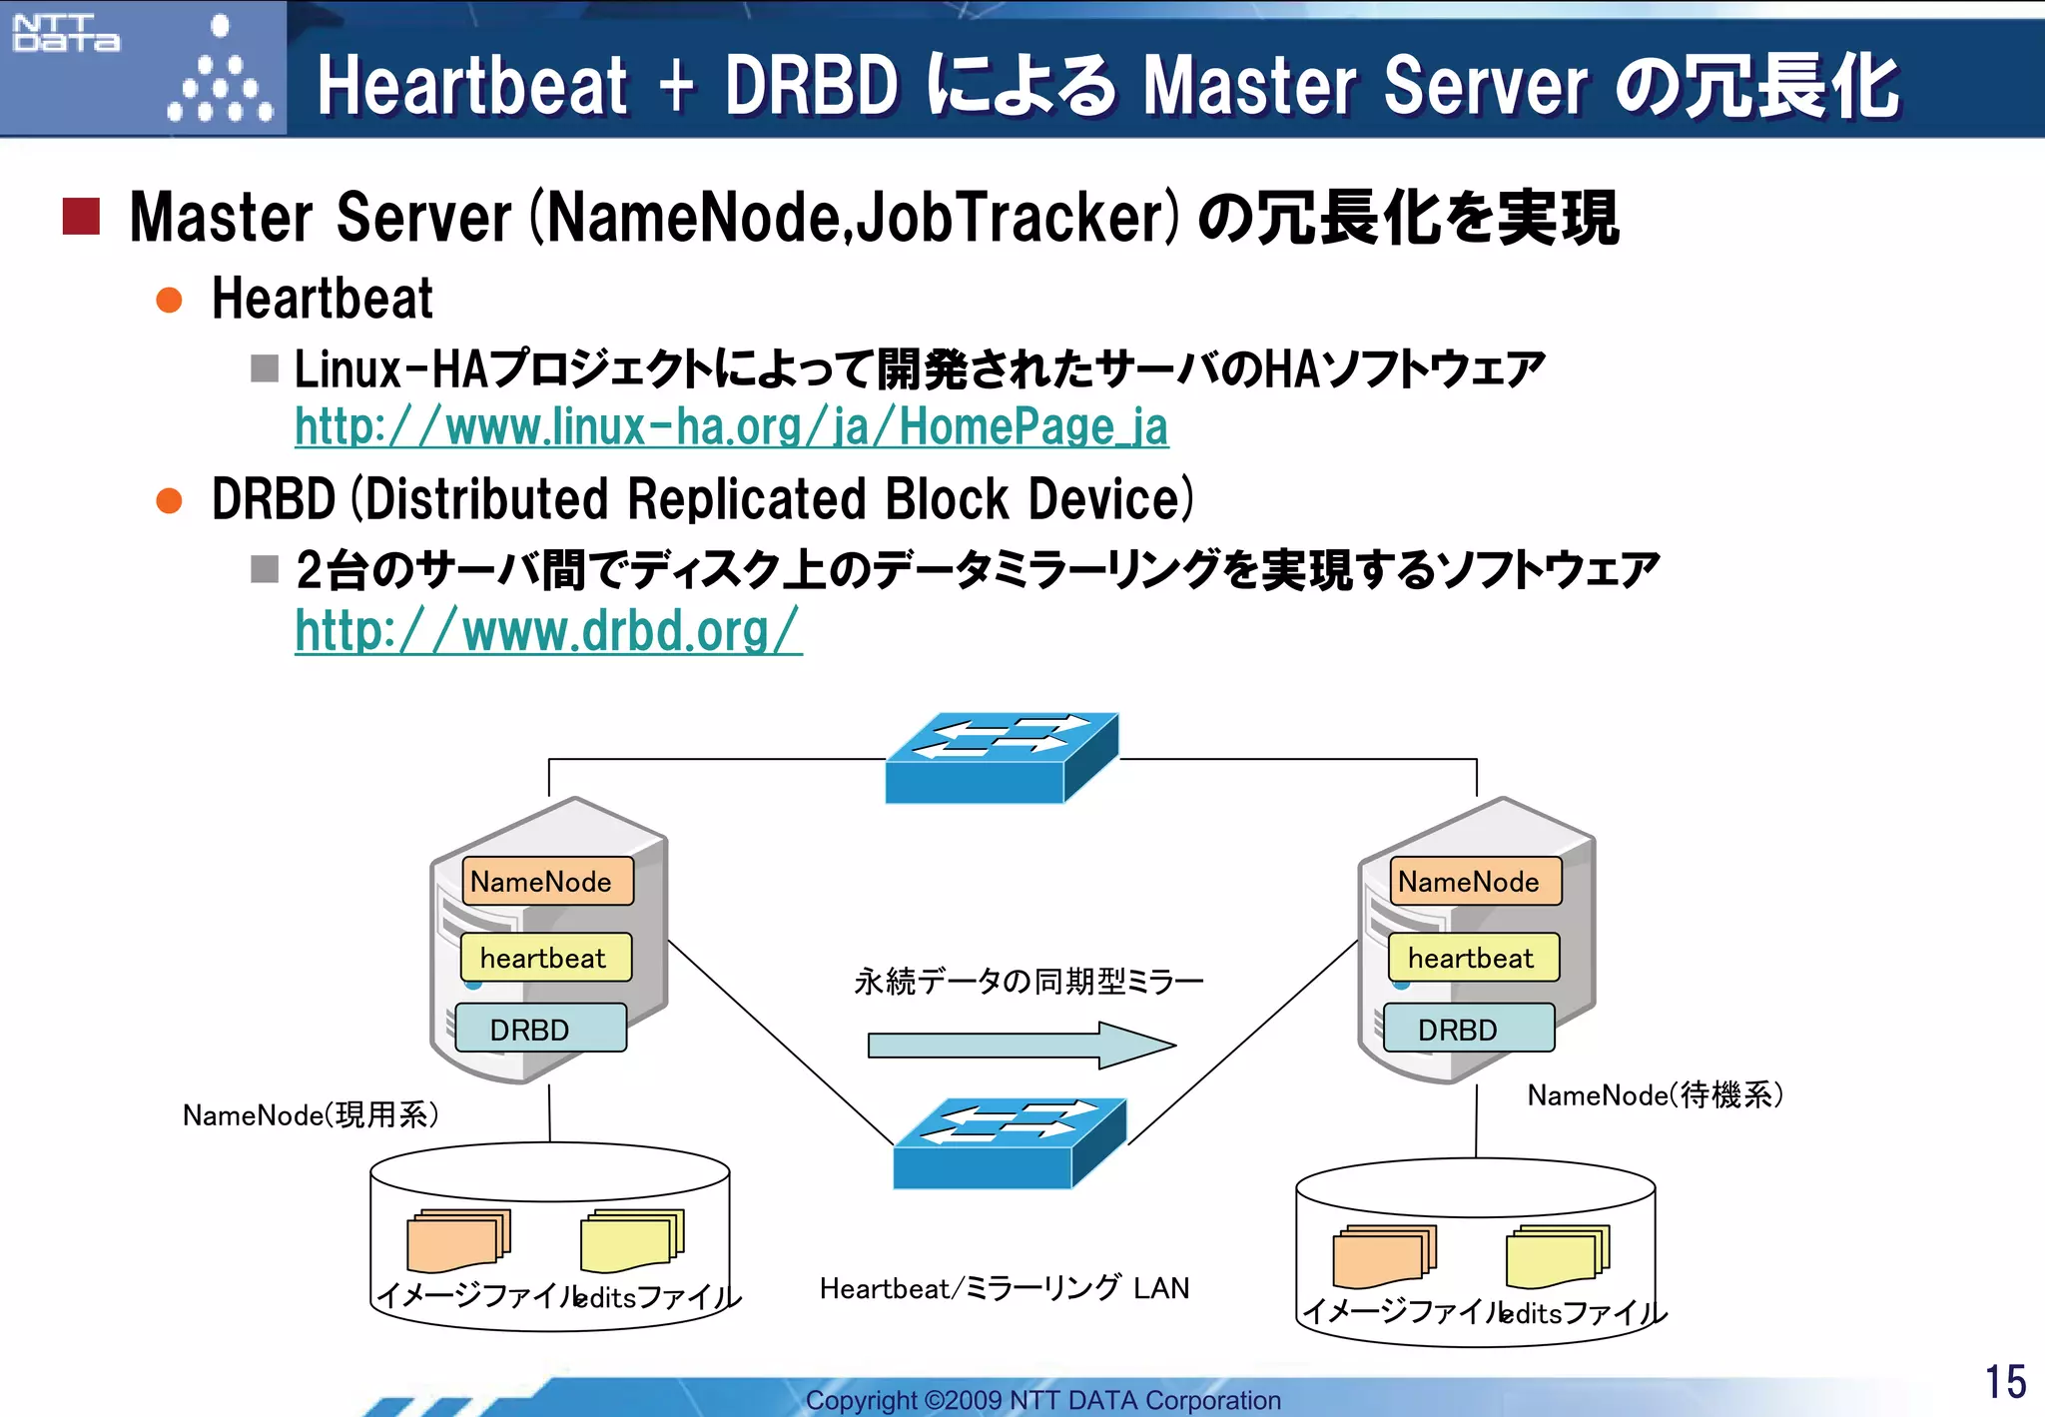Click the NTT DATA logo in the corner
click(66, 33)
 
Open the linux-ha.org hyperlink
click(731, 427)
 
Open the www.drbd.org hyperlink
click(548, 631)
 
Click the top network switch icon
click(1001, 758)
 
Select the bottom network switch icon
click(1009, 1143)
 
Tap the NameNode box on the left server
click(547, 881)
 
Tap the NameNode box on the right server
click(1475, 881)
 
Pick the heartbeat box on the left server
click(545, 958)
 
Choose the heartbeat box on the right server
click(1473, 958)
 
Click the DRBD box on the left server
click(540, 1029)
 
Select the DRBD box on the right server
click(1468, 1029)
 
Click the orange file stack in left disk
click(457, 1240)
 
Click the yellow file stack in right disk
click(1557, 1256)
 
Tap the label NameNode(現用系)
click(311, 1114)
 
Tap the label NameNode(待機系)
click(1655, 1095)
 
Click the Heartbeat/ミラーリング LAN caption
click(1004, 1288)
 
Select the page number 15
click(2004, 1382)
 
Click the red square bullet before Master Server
click(81, 216)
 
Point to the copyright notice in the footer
click(1042, 1400)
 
